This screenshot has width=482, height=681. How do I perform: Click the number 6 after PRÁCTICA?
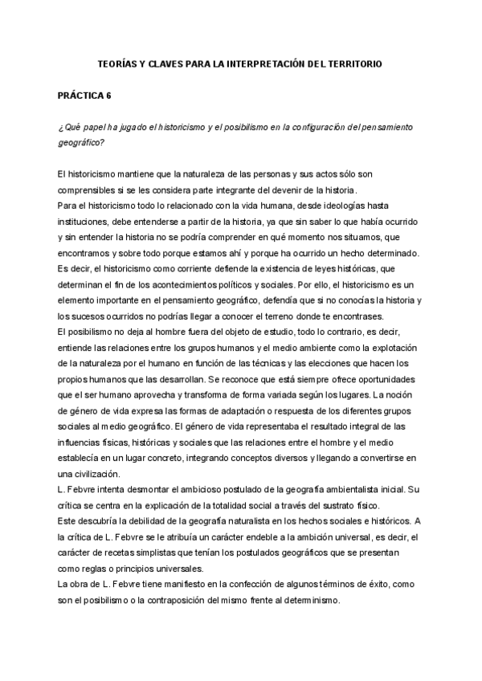tap(108, 96)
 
